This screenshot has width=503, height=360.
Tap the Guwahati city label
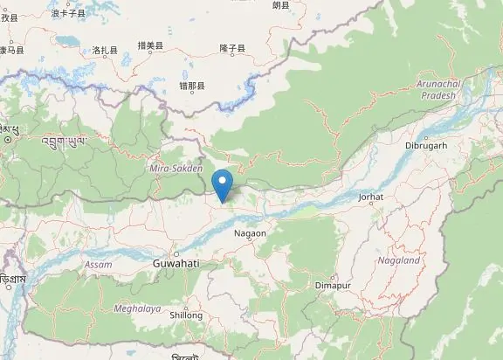point(176,263)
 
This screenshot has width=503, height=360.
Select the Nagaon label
point(250,233)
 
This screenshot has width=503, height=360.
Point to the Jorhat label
point(371,197)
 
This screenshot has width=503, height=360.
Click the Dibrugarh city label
point(426,145)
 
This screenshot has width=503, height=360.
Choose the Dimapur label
point(332,285)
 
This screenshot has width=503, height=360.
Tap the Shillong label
point(186,315)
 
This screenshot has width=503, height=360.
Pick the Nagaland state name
point(399,260)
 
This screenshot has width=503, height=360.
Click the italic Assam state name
point(99,264)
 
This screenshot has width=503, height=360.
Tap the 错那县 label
point(191,86)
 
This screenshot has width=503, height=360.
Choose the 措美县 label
point(151,45)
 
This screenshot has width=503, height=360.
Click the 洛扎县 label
point(105,51)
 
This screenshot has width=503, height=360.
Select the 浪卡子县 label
point(69,13)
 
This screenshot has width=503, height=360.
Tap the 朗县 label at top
point(280,5)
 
